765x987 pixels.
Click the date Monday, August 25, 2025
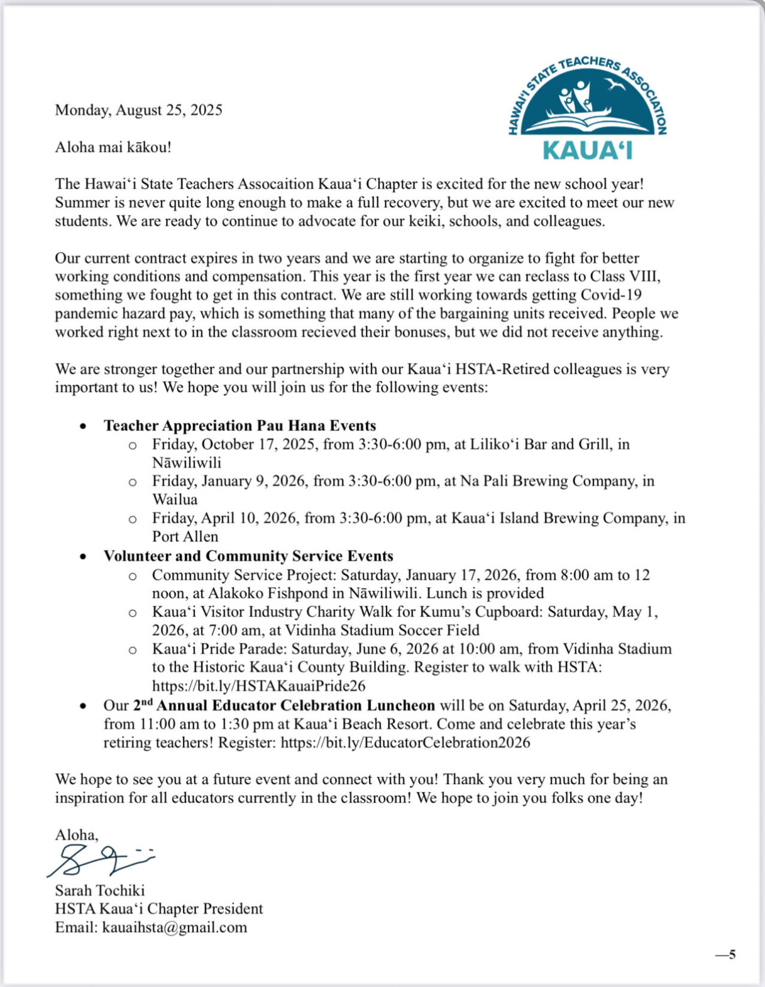(139, 110)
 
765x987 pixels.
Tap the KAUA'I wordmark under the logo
(587, 150)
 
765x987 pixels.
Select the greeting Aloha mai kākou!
(113, 147)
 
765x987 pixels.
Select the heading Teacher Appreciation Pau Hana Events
(239, 425)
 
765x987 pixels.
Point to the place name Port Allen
(185, 536)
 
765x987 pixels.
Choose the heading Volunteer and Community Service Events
(248, 556)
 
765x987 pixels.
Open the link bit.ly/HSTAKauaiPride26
(259, 686)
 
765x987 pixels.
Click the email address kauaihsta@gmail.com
(175, 928)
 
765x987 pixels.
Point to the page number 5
(731, 955)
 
